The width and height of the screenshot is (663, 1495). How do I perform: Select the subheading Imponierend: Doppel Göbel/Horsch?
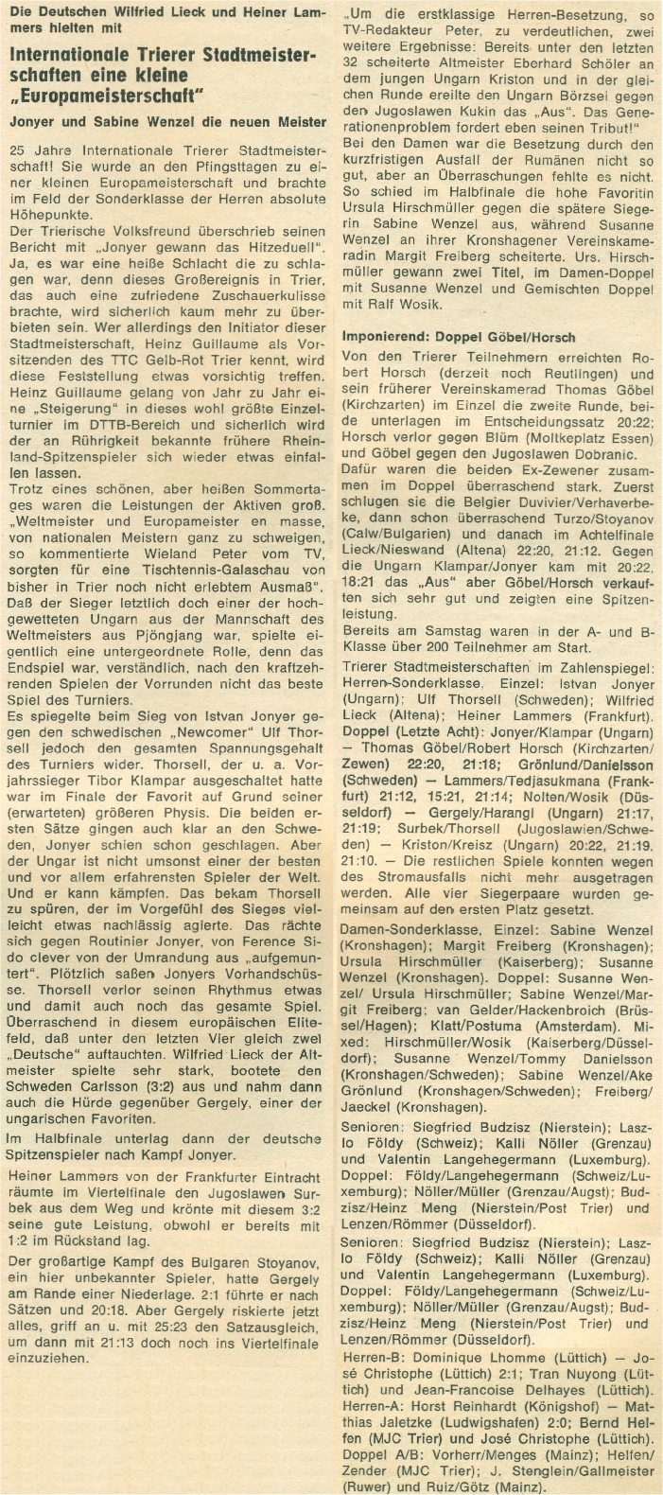coord(458,338)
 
